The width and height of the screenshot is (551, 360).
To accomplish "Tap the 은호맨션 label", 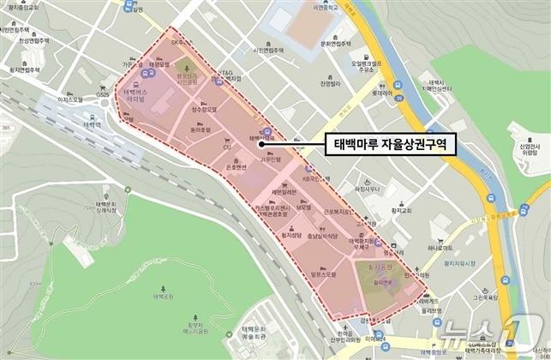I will point(230,169).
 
